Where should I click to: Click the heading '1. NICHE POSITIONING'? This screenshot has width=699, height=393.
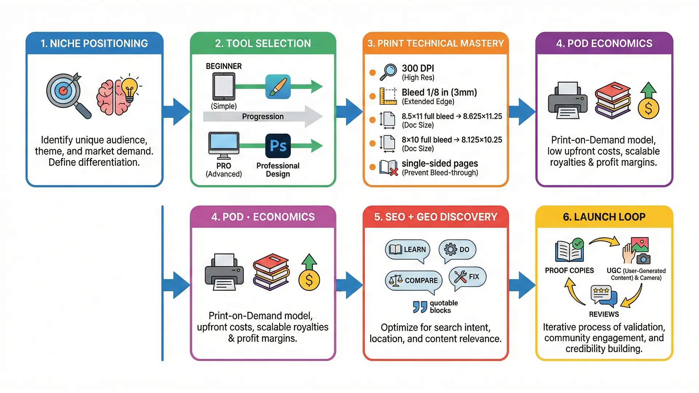click(x=94, y=43)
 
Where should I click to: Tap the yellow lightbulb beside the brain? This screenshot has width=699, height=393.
click(x=129, y=88)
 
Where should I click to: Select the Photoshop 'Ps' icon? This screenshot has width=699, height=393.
click(x=278, y=146)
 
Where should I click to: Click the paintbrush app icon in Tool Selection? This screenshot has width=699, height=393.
click(x=278, y=87)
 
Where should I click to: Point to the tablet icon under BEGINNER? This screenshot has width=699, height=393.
click(x=224, y=86)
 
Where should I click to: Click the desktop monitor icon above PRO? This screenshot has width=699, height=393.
click(x=224, y=145)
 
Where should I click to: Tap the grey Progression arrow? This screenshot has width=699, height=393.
click(x=262, y=116)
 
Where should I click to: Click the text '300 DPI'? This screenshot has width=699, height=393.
click(x=418, y=68)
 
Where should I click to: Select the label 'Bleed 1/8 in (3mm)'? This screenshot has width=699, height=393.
click(x=439, y=92)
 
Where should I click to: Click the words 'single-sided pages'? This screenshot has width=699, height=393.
click(x=439, y=163)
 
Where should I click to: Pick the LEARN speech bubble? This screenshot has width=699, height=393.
click(x=407, y=250)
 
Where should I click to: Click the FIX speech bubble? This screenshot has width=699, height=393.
click(x=467, y=277)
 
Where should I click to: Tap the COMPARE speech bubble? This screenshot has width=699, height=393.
click(x=414, y=281)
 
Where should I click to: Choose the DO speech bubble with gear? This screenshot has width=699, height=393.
click(x=457, y=250)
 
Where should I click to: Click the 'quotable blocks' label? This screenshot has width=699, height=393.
click(x=443, y=307)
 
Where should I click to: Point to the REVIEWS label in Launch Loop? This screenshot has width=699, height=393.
click(x=604, y=314)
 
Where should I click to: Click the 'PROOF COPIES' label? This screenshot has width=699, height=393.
click(x=569, y=270)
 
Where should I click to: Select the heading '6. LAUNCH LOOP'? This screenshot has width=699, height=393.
click(x=604, y=217)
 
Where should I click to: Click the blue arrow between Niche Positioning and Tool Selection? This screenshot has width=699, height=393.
click(x=177, y=112)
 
